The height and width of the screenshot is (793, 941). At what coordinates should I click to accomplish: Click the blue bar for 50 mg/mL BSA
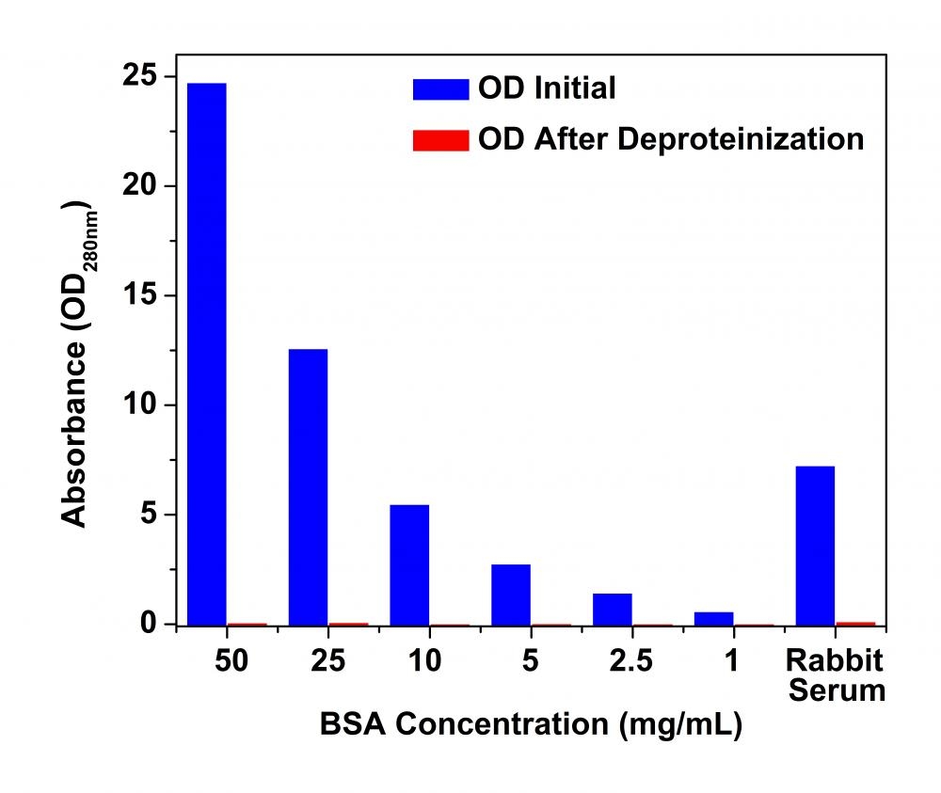[x=207, y=353]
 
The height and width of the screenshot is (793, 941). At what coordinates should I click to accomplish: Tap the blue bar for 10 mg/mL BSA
[x=409, y=564]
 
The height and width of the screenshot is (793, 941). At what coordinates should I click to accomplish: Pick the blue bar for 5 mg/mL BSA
[x=510, y=594]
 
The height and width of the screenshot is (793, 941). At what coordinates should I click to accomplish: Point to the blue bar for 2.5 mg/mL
[x=612, y=609]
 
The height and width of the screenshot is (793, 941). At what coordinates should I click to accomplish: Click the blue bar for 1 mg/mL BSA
[x=712, y=618]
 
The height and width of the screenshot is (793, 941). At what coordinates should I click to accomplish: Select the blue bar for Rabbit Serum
[x=814, y=545]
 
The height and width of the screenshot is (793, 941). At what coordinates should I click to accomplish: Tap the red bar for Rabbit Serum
[x=854, y=623]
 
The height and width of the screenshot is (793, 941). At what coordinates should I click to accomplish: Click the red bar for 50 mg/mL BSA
[x=247, y=624]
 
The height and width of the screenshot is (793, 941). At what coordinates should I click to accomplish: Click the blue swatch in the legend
[x=439, y=89]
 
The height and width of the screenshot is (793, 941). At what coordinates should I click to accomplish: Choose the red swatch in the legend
[x=439, y=140]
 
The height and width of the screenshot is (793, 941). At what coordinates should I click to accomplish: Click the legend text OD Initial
[x=547, y=88]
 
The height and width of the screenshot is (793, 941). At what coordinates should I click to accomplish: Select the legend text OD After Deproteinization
[x=671, y=139]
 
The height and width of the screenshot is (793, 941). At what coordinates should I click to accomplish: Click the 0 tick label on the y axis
[x=148, y=625]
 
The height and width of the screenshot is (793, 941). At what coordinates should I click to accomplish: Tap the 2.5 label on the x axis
[x=630, y=661]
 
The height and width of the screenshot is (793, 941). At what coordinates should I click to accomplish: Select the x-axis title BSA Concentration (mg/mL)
[x=531, y=725]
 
